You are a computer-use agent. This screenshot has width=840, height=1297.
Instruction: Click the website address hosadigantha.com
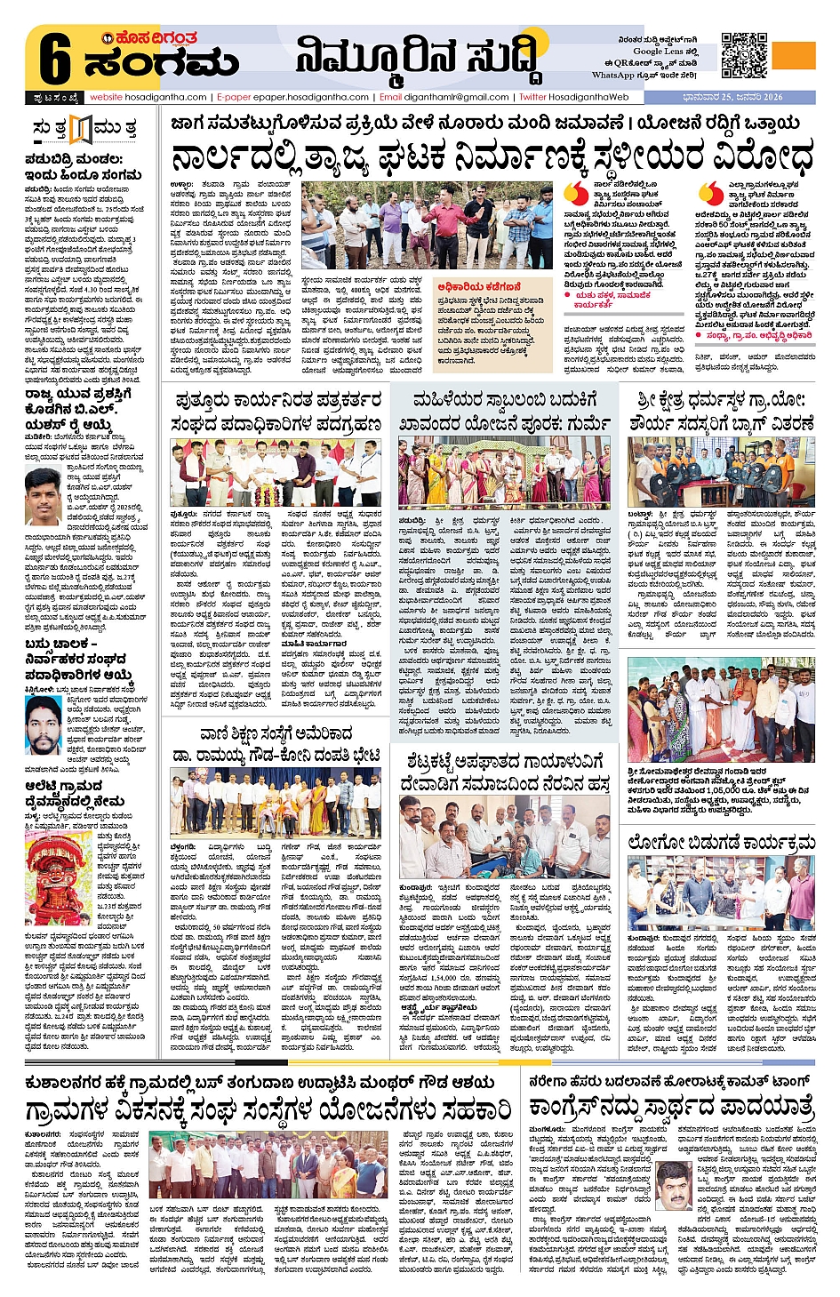click(x=148, y=97)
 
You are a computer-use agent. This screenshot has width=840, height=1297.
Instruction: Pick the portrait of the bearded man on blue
click(x=43, y=725)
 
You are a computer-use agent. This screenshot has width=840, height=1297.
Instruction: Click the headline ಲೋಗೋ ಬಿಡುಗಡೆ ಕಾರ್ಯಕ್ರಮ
click(x=721, y=842)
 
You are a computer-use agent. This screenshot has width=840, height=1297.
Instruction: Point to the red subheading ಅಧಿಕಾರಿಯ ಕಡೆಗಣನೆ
click(x=479, y=287)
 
